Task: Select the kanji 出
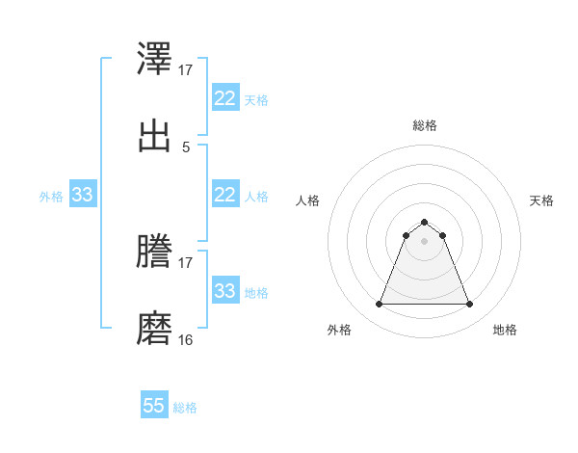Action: pyautogui.click(x=155, y=136)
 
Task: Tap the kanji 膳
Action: pyautogui.click(x=155, y=252)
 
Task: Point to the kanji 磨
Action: pyautogui.click(x=155, y=329)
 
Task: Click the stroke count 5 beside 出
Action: pyautogui.click(x=186, y=147)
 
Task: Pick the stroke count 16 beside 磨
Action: pyautogui.click(x=186, y=339)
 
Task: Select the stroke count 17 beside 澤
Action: pyautogui.click(x=186, y=70)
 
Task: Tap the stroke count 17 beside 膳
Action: pyautogui.click(x=186, y=262)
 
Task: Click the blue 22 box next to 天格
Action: pyautogui.click(x=224, y=98)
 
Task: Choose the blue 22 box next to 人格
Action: pyautogui.click(x=224, y=195)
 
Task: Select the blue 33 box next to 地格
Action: pyautogui.click(x=224, y=291)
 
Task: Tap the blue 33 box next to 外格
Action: pyautogui.click(x=82, y=195)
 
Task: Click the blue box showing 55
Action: pyautogui.click(x=154, y=406)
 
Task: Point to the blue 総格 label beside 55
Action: pyautogui.click(x=185, y=408)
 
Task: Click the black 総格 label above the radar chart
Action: pyautogui.click(x=425, y=125)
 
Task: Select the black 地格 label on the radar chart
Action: pyautogui.click(x=505, y=330)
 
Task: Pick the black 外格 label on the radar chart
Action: pyautogui.click(x=339, y=330)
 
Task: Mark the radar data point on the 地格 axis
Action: pyautogui.click(x=470, y=305)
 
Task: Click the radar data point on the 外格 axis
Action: pyautogui.click(x=379, y=305)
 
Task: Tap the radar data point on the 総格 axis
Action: pyautogui.click(x=425, y=222)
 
